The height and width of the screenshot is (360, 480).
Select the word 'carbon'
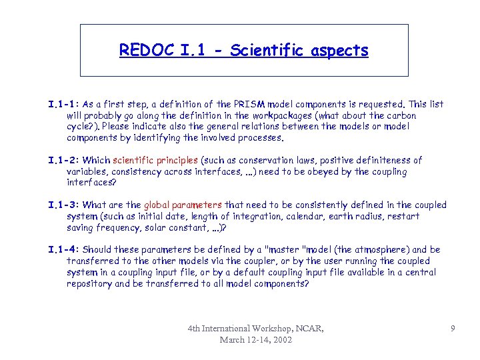point(402,115)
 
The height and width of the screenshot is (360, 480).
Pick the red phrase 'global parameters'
point(183,205)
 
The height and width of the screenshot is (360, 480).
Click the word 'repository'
point(89,283)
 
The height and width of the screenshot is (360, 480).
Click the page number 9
point(453,328)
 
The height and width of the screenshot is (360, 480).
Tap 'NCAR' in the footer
point(311,328)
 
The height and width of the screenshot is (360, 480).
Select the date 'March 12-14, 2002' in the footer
point(256,339)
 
